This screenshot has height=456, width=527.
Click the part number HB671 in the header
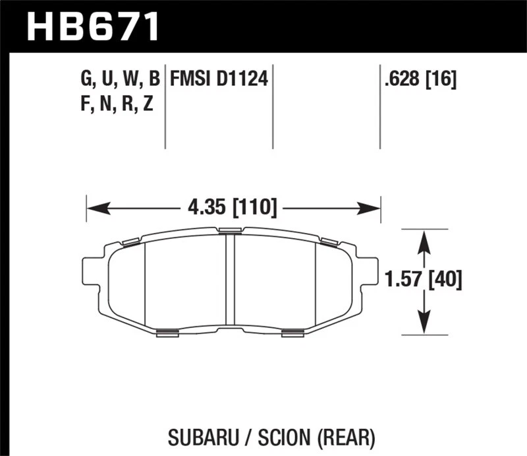93,28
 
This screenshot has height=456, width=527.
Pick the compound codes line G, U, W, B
120,80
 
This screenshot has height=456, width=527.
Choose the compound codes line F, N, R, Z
117,104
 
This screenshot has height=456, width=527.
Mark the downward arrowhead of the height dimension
424,323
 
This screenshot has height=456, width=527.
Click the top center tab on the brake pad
230,230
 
